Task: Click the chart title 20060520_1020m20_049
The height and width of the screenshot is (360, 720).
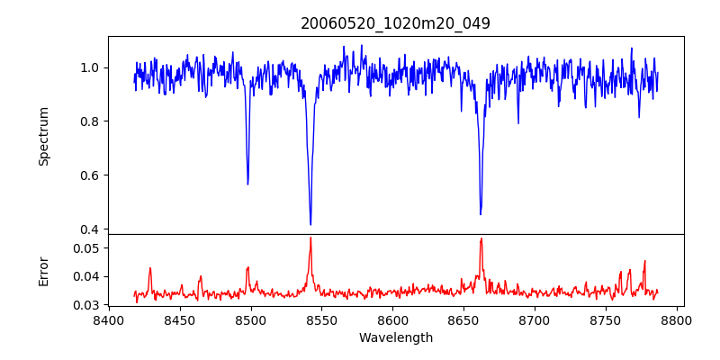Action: coord(396,23)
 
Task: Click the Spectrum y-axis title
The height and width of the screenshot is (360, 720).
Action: coord(43,136)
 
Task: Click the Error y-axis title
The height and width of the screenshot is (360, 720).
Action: coord(43,270)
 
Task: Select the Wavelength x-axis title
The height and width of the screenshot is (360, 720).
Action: coord(396,337)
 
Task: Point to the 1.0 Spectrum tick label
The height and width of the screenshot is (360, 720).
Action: coord(88,67)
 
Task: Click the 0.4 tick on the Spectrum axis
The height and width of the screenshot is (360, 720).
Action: coord(88,229)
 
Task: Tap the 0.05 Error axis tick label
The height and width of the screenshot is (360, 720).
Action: coord(85,247)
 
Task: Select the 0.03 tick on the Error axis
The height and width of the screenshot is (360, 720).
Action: coord(85,305)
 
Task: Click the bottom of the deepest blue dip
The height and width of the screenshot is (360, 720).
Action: coord(310,224)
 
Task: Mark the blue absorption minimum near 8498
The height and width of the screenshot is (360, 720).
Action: coord(247,184)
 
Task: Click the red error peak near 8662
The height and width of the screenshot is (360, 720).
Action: coord(481,238)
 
